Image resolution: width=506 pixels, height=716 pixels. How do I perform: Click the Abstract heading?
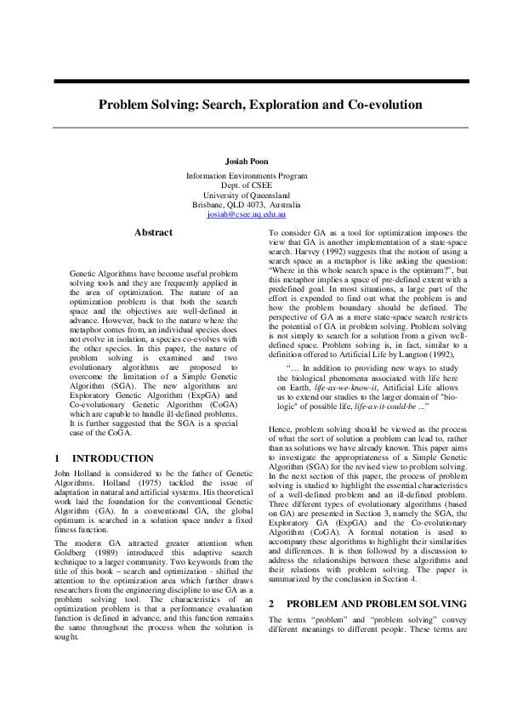[153, 232]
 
